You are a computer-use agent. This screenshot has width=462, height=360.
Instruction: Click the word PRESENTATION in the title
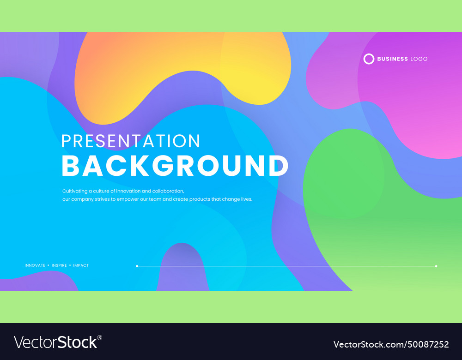[x=131, y=141]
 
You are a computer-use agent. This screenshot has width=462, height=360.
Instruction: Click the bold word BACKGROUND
[x=175, y=166]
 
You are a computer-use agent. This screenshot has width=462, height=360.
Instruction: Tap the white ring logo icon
[x=369, y=59]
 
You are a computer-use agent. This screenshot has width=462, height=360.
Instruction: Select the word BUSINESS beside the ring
[x=392, y=59]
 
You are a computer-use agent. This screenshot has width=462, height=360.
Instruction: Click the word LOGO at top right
[x=419, y=59]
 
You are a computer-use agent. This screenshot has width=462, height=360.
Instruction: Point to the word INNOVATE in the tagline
[x=35, y=265]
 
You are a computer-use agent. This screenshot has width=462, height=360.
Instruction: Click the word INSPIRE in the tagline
[x=59, y=265]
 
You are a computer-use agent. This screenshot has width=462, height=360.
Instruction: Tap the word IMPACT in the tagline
[x=81, y=265]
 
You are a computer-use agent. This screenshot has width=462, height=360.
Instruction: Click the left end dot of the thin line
[x=137, y=266]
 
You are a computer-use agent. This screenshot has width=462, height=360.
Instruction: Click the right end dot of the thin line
[x=436, y=266]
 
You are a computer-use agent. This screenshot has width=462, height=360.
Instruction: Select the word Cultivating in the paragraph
[x=74, y=191]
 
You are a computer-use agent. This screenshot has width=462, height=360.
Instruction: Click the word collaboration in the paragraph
[x=168, y=191]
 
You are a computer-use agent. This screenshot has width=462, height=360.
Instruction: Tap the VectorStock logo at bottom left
[x=55, y=342]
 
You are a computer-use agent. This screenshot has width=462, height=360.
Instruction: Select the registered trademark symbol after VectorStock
[x=100, y=337]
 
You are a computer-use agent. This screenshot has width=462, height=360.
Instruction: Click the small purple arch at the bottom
[x=182, y=270]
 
